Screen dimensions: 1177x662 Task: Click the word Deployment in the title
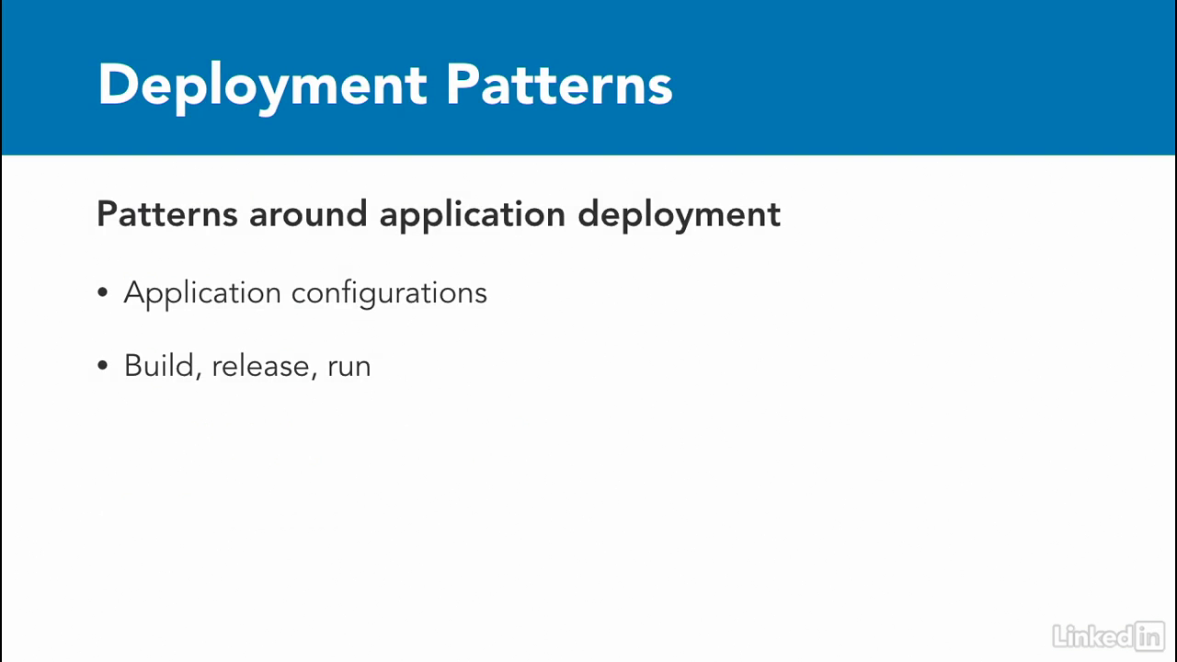262,87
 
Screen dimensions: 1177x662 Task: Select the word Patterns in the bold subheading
167,214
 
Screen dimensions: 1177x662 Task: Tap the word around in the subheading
308,214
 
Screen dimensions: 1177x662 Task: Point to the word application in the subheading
473,215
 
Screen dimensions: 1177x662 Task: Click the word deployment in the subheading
679,215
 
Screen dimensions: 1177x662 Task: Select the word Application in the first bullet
202,293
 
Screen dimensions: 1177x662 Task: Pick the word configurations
389,293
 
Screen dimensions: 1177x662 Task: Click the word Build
159,365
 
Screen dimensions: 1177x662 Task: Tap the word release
260,366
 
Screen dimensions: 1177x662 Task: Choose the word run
349,367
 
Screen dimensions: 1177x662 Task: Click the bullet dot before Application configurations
102,292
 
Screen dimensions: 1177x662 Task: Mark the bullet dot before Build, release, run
102,365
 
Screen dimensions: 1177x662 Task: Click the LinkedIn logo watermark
1109,636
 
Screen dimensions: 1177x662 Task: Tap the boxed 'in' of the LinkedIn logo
1149,636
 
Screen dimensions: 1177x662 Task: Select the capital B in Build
134,365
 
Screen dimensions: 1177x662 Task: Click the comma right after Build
199,374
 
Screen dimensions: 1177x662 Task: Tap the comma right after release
314,374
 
